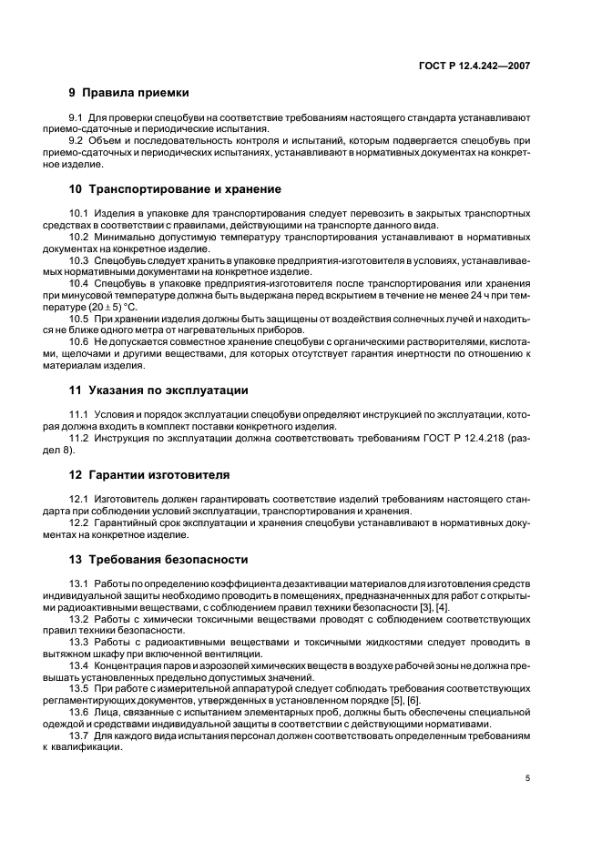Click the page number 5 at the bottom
527,778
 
